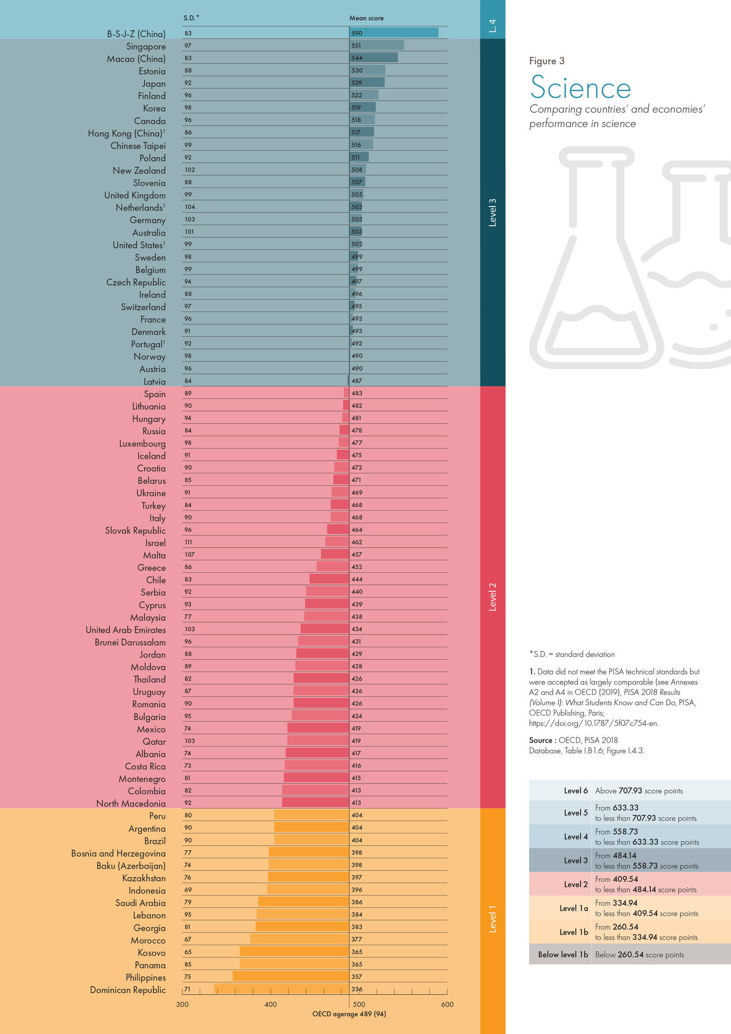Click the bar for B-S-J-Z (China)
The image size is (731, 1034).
click(x=394, y=33)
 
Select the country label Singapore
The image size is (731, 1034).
click(x=146, y=47)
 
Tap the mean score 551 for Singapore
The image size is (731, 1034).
click(x=356, y=46)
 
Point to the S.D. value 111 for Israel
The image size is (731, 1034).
click(x=188, y=542)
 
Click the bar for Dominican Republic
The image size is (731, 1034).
click(x=281, y=989)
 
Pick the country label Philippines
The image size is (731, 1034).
click(x=145, y=978)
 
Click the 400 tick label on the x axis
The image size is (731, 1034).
click(x=270, y=1004)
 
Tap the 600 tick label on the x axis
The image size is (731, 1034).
click(x=447, y=1004)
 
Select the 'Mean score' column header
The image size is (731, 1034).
click(x=366, y=18)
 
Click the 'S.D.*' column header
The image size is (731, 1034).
click(x=191, y=18)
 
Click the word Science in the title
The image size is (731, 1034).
click(x=580, y=88)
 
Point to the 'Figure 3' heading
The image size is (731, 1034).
click(x=546, y=61)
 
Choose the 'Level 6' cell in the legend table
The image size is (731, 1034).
click(x=576, y=791)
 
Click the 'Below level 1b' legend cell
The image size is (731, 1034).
click(x=563, y=954)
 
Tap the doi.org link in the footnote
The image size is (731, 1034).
click(x=593, y=723)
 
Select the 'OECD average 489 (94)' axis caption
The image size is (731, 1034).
click(x=349, y=1014)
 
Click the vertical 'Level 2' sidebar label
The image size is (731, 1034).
click(x=493, y=597)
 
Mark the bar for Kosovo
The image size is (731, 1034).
click(x=294, y=952)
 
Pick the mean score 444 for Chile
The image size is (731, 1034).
click(x=357, y=579)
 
